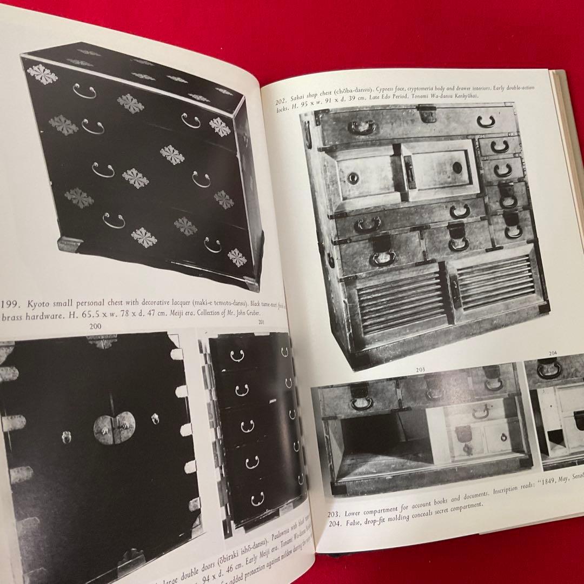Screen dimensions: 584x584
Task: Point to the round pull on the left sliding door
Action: [x=353, y=177]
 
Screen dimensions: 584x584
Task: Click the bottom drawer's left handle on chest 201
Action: [x=257, y=497]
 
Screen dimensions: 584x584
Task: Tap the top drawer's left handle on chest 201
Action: [x=237, y=355]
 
